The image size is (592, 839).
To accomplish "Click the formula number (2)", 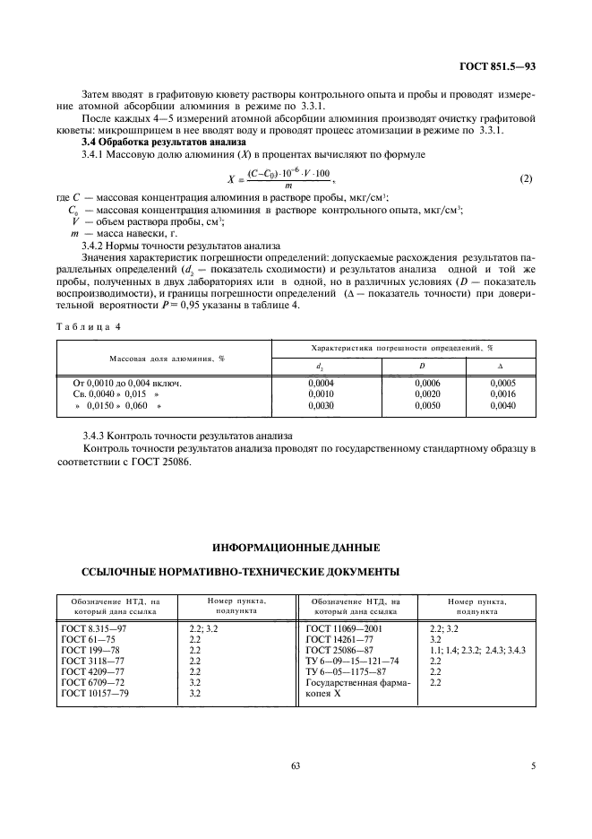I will click(526, 178).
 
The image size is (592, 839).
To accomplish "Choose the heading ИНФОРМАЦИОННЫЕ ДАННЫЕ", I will click(296, 545).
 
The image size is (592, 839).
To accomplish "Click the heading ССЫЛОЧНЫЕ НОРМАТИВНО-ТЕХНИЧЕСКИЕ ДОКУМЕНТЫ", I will click(241, 570).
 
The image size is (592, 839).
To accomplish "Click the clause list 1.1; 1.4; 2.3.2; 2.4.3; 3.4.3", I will click(477, 650).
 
